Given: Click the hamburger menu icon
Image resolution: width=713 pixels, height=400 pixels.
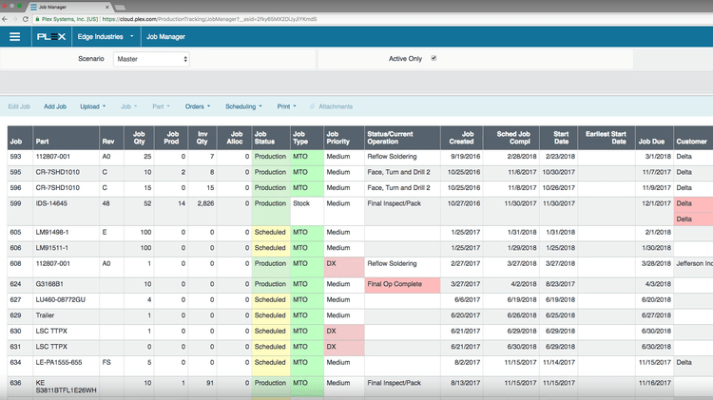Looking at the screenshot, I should click(x=14, y=37).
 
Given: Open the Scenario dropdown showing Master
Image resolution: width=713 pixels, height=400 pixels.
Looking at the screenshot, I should click(x=150, y=59).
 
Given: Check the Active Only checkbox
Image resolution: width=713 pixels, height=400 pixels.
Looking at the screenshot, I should click(x=434, y=58).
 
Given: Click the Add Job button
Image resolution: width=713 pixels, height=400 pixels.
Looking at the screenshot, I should click(x=55, y=106).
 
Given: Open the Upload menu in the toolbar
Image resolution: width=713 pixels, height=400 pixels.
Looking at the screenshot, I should click(x=92, y=106).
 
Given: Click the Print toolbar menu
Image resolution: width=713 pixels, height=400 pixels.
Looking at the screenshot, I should click(x=286, y=106).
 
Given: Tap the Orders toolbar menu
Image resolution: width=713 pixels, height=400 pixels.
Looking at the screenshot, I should click(x=197, y=106).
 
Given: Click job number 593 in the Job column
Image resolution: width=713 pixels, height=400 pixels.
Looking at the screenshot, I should click(x=15, y=156).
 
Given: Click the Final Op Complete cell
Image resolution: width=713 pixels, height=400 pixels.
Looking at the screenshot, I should click(x=395, y=284).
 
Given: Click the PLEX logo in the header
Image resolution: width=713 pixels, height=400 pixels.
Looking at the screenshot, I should click(x=51, y=37).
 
